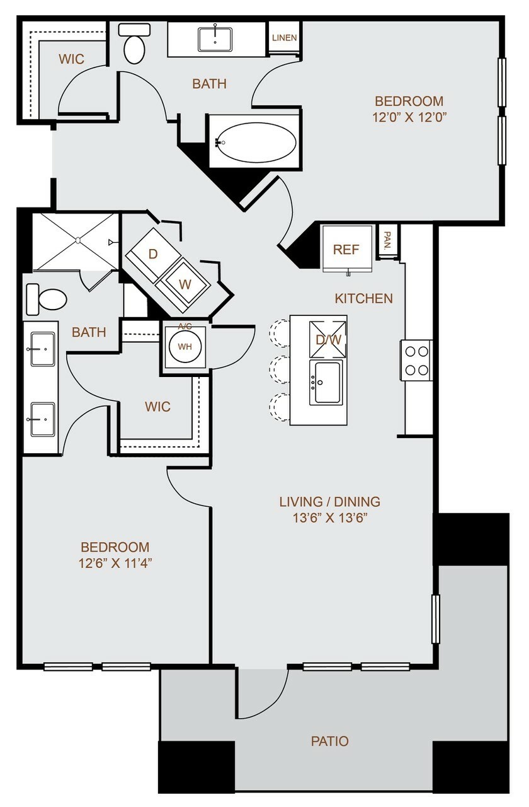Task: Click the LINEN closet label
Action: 284,38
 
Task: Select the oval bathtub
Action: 256,142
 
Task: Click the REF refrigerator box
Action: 347,249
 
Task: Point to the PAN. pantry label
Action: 387,241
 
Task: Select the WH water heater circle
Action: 185,347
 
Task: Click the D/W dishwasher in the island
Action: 327,339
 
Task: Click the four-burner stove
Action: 416,360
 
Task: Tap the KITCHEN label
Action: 364,298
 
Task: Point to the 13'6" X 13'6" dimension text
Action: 329,518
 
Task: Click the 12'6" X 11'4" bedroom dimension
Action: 115,563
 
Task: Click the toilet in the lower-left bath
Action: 47,299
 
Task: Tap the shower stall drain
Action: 77,240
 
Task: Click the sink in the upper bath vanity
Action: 215,40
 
